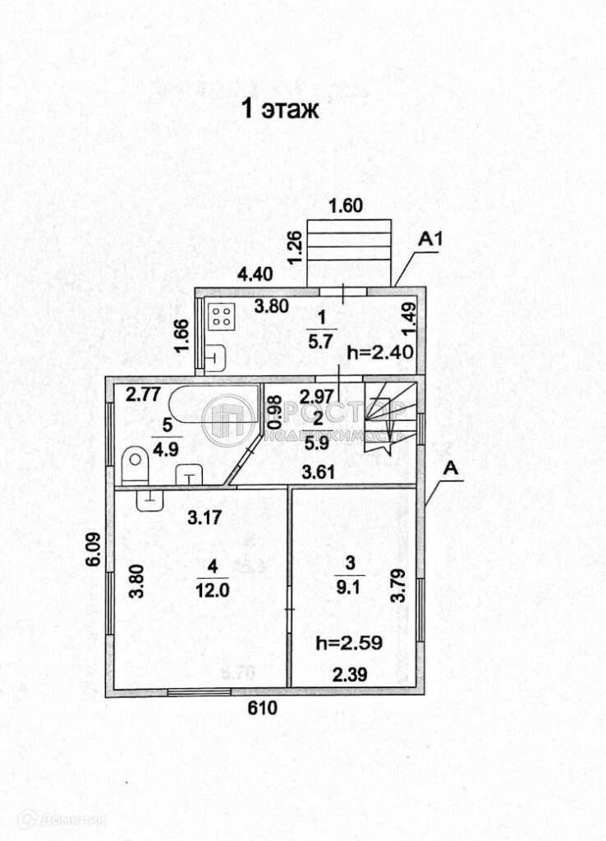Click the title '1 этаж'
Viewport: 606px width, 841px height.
pyautogui.click(x=279, y=110)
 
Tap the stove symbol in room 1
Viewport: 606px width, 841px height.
pyautogui.click(x=221, y=318)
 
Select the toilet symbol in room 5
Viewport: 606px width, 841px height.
pyautogui.click(x=134, y=466)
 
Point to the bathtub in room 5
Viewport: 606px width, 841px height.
pyautogui.click(x=198, y=405)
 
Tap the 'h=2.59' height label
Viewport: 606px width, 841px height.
pyautogui.click(x=348, y=643)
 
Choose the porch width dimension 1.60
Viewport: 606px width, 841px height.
pyautogui.click(x=345, y=206)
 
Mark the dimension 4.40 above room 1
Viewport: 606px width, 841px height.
pyautogui.click(x=255, y=276)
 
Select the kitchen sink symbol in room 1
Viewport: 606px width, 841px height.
pyautogui.click(x=214, y=359)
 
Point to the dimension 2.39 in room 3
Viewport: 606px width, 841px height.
pyautogui.click(x=350, y=674)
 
